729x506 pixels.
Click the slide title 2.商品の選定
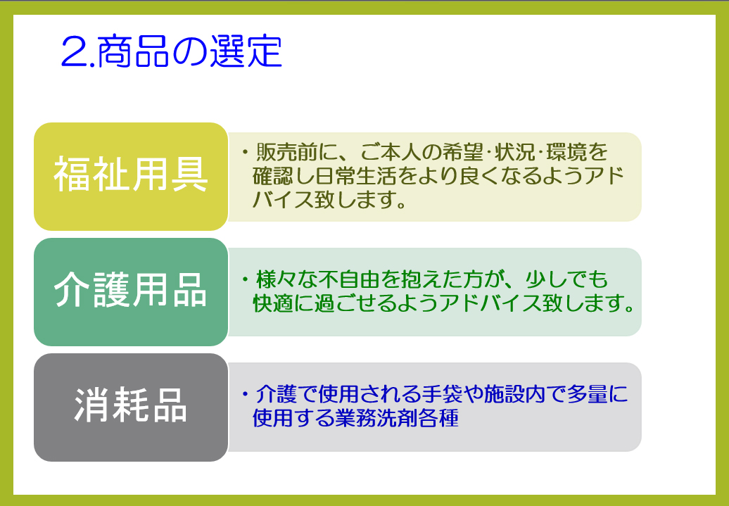point(172,51)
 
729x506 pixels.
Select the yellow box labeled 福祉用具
point(131,176)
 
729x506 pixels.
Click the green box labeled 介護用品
point(131,292)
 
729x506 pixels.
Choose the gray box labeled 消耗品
point(131,407)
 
